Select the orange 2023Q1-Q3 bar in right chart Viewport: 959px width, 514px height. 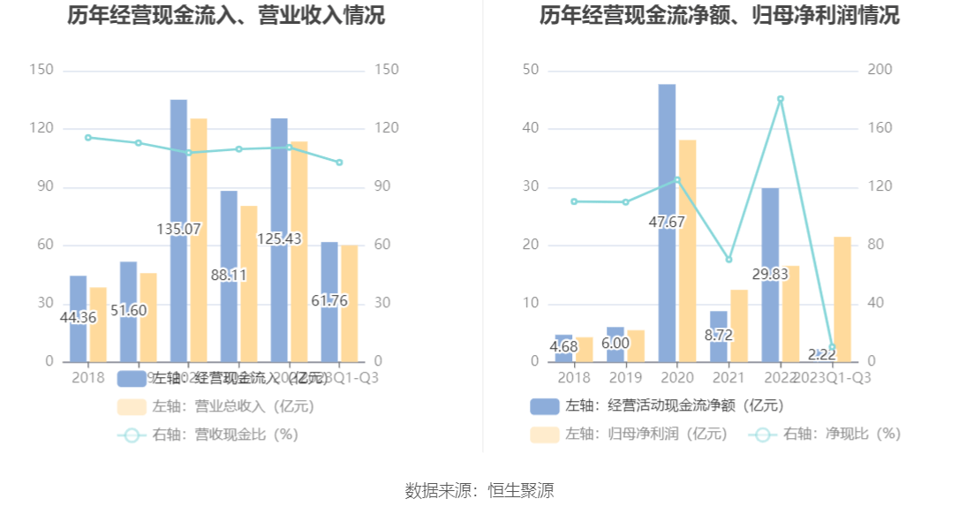[x=842, y=299]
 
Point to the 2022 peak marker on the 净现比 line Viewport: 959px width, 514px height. [x=781, y=99]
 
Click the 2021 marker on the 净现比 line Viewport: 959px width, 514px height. [x=729, y=260]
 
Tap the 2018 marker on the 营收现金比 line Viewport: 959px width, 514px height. [x=88, y=138]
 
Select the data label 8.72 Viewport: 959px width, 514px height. [x=718, y=336]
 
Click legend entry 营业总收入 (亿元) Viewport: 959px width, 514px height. [x=215, y=407]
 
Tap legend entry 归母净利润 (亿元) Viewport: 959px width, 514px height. [x=630, y=435]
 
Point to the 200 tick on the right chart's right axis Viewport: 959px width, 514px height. [x=882, y=71]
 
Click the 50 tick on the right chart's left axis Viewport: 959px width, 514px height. [x=531, y=71]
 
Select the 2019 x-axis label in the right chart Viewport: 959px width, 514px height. [x=626, y=377]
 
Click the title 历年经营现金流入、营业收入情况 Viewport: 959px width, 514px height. [x=227, y=16]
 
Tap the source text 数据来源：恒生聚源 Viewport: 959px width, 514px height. [x=479, y=491]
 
